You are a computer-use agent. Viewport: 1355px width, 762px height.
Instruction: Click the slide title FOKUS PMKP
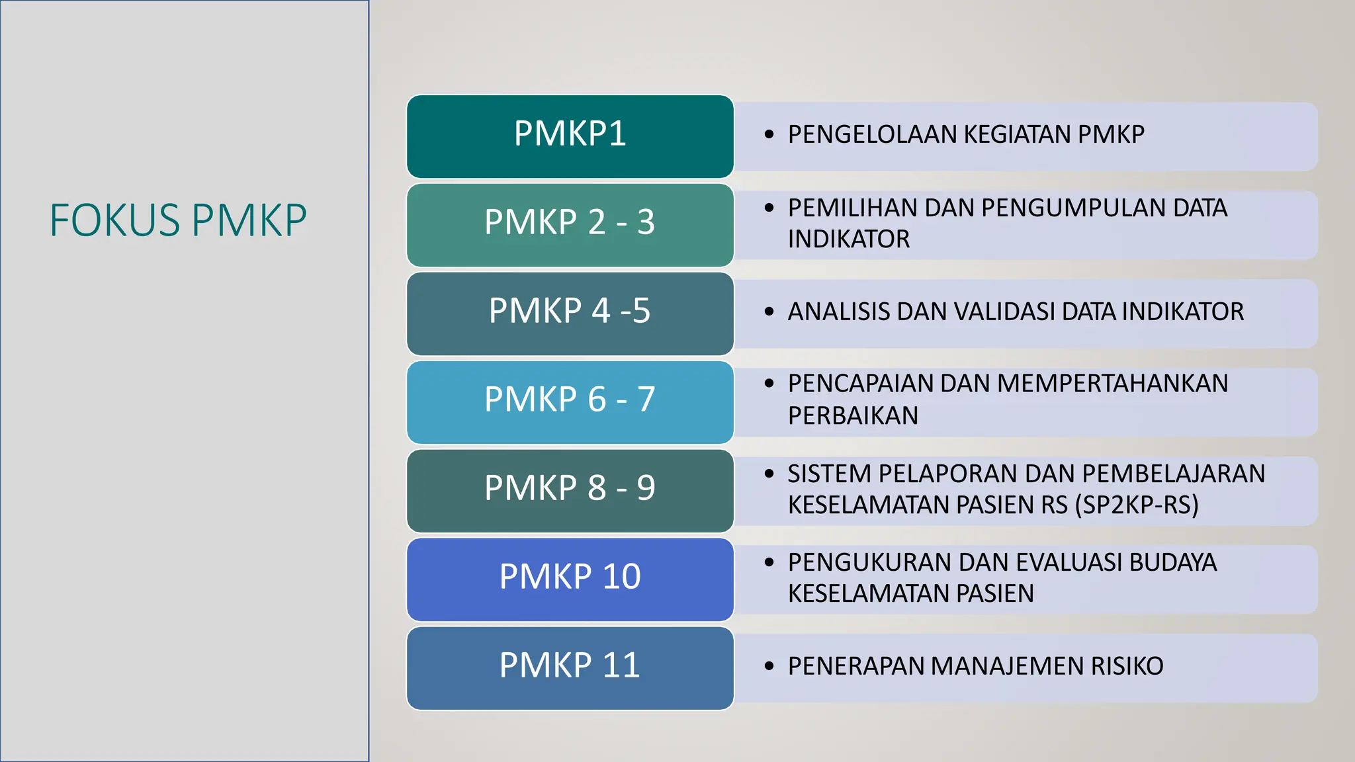(x=178, y=220)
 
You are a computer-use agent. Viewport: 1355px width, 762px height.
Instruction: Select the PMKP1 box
(x=570, y=136)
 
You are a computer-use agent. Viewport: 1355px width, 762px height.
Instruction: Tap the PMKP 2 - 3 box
(x=570, y=224)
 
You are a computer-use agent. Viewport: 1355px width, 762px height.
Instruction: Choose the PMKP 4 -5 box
(x=570, y=313)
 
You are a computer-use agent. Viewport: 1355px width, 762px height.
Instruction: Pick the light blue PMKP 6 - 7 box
(x=570, y=402)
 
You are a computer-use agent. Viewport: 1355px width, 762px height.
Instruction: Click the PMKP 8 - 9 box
(x=570, y=490)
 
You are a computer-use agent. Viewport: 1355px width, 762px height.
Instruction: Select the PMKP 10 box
(x=570, y=579)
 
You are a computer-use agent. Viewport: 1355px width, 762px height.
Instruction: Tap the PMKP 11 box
(x=570, y=667)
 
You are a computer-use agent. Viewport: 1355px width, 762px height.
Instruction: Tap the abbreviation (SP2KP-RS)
(x=1137, y=505)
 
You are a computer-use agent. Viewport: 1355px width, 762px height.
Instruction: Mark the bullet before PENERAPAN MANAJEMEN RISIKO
(x=769, y=666)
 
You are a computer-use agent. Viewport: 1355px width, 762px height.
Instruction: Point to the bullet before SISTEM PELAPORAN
(x=769, y=474)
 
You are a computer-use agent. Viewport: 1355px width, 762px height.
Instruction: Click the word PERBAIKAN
(x=853, y=416)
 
